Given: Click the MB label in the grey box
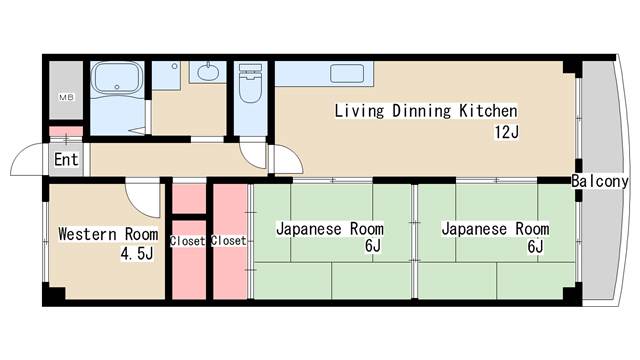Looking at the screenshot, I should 66,97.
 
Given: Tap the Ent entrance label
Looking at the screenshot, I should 66,160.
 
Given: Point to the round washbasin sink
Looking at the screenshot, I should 208,71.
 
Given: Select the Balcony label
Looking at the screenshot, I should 600,181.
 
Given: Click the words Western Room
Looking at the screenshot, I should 107,234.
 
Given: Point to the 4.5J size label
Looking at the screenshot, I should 136,254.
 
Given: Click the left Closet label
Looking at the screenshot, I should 188,241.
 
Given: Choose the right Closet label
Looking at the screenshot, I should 229,241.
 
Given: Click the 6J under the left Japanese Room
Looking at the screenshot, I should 373,247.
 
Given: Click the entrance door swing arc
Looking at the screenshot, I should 27,160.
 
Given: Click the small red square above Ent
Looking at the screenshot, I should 66,131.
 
